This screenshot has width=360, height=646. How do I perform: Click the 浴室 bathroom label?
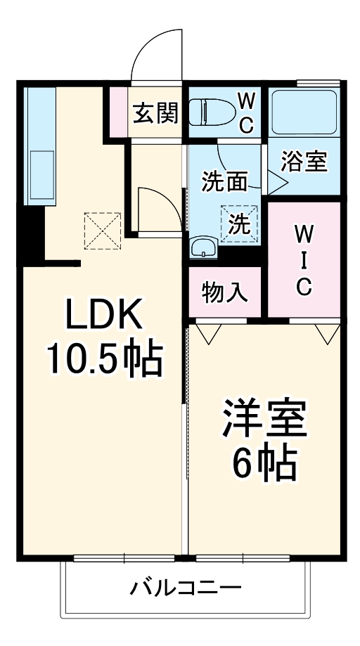pyautogui.click(x=304, y=162)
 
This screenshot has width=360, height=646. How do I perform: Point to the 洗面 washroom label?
pyautogui.click(x=224, y=181)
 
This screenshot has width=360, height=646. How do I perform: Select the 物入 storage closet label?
pyautogui.click(x=225, y=292)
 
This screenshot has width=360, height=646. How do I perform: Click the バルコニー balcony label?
pyautogui.click(x=186, y=587)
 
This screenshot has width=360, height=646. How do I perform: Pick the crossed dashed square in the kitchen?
pyautogui.click(x=102, y=230)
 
